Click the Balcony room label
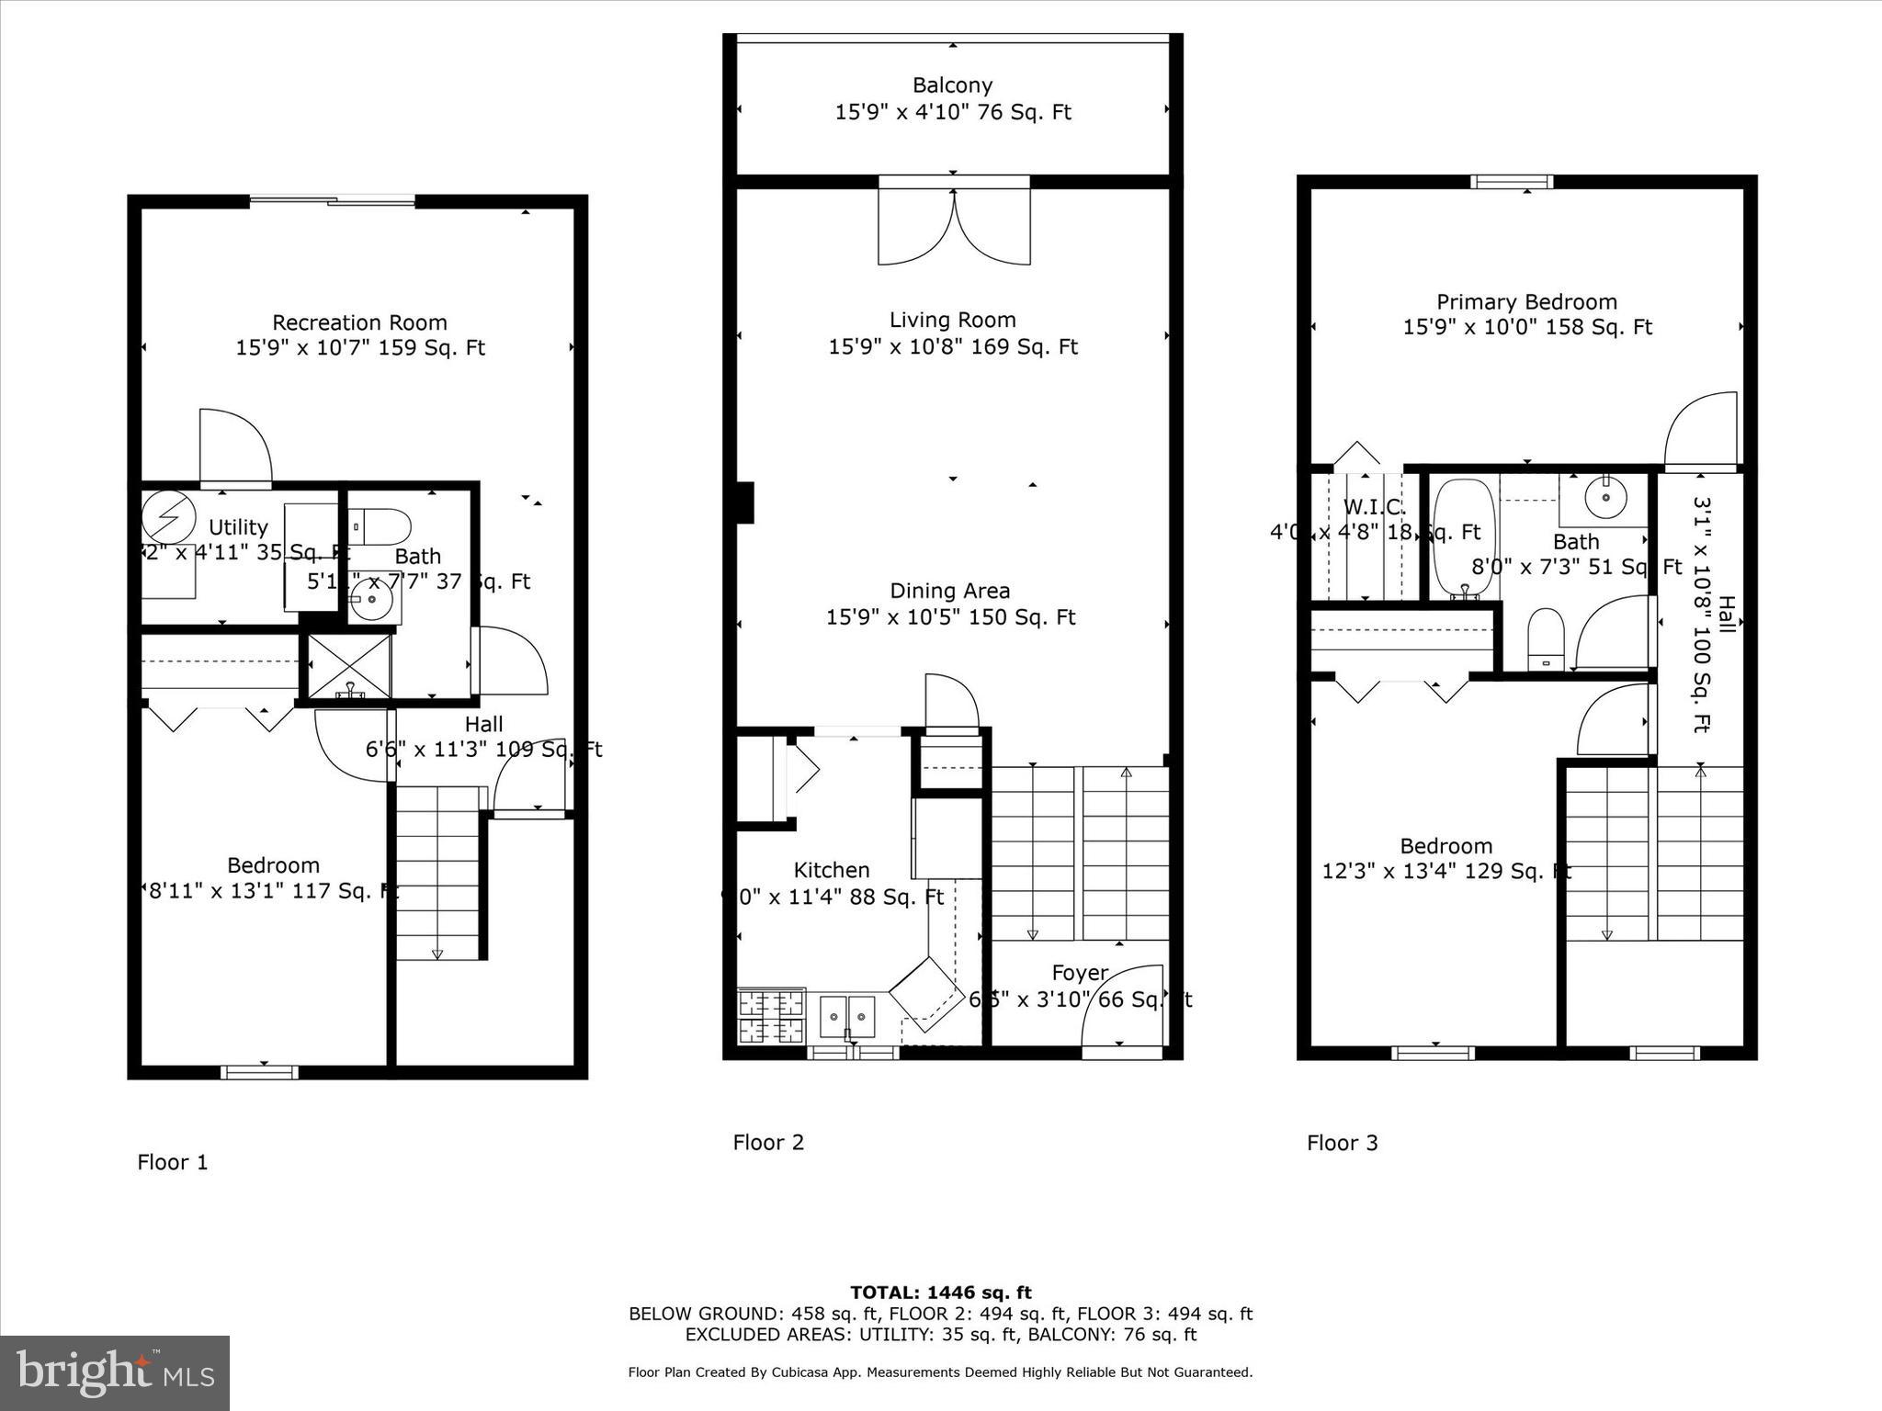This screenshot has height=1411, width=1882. point(952,85)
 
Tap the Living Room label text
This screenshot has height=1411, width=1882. point(952,320)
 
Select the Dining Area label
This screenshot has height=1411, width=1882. point(949,591)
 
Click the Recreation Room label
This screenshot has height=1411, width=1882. point(359,322)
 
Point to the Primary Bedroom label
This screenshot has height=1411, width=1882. point(1526,301)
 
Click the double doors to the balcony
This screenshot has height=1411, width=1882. point(954,225)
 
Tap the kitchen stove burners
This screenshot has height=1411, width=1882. point(771,1016)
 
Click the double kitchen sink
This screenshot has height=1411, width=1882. point(847,1017)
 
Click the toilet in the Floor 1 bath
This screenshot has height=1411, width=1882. point(381,527)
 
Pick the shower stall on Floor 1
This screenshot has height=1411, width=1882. point(349,665)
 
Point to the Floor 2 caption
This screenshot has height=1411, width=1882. point(768,1142)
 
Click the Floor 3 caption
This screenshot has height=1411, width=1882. point(1342,1143)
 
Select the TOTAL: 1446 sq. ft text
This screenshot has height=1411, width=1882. point(940,1292)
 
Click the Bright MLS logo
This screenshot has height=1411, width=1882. point(115,1372)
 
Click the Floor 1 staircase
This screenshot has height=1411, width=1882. point(438,873)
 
